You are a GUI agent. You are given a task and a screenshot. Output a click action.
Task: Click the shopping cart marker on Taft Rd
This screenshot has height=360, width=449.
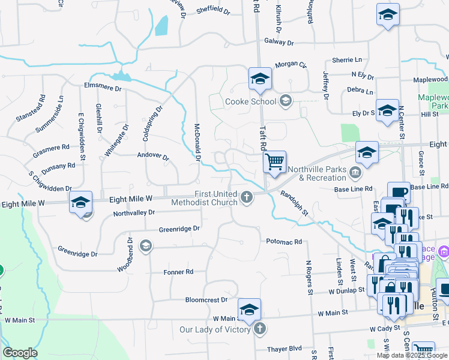[274, 162]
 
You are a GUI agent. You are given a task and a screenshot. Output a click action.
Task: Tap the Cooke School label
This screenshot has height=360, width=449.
[250, 101]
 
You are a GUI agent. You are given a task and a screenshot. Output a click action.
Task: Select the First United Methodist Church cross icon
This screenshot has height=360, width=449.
[246, 197]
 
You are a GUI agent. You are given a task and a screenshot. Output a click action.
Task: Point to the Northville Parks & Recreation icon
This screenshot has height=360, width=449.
[355, 173]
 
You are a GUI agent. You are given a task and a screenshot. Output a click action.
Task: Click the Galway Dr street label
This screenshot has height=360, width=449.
[279, 43]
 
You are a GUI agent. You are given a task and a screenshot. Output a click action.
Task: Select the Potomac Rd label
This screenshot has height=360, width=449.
[284, 241]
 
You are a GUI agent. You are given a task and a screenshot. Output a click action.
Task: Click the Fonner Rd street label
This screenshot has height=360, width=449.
[178, 272]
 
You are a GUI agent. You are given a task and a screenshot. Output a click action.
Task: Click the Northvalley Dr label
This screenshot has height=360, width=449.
[134, 212]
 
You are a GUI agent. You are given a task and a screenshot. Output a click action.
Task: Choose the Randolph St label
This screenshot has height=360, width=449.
[294, 203]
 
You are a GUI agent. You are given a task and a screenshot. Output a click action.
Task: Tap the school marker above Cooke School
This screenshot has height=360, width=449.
[260, 78]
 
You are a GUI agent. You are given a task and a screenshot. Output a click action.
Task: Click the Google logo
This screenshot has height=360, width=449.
[20, 353]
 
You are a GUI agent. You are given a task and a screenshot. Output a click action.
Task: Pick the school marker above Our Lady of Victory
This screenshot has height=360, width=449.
[249, 310]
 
